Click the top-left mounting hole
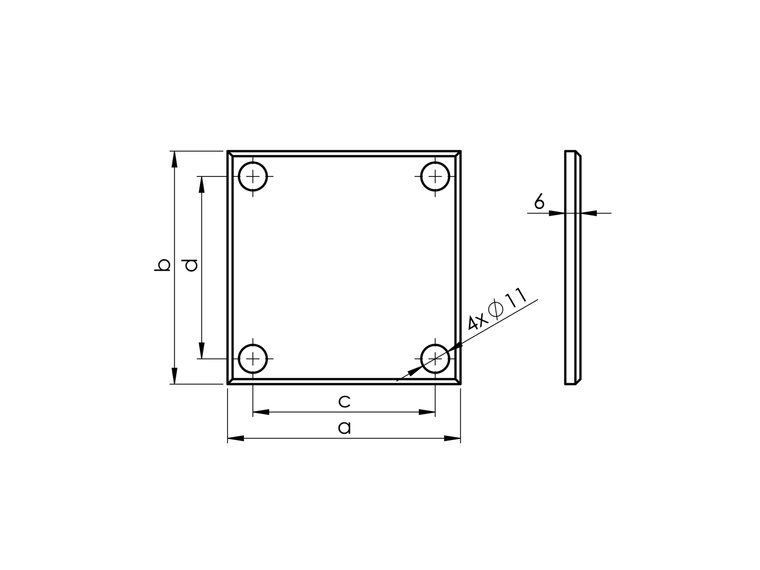(x=253, y=176)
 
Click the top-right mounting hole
(x=435, y=176)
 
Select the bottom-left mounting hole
(x=253, y=359)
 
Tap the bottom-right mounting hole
(x=435, y=359)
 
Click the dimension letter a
(x=344, y=427)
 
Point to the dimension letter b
(x=162, y=265)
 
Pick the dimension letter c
(x=344, y=401)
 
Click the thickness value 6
(x=539, y=201)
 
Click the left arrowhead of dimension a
(x=235, y=438)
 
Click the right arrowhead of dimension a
(x=452, y=438)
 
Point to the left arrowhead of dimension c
(x=261, y=412)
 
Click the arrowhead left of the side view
(x=557, y=213)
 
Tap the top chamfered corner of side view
(x=578, y=154)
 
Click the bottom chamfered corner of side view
(x=578, y=381)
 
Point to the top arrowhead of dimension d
(x=202, y=184)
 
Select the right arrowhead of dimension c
(x=427, y=412)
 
